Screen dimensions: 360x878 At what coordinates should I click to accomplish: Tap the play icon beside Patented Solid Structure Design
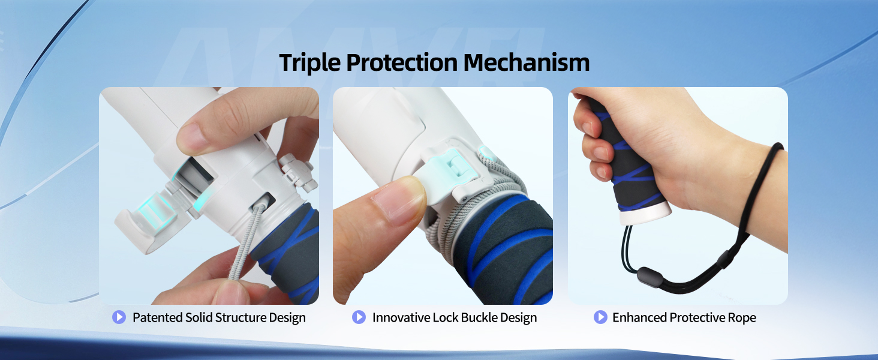[x=119, y=317]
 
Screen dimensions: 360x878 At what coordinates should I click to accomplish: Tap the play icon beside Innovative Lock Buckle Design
[x=359, y=317]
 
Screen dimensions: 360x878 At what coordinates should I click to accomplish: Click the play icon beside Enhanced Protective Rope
[x=600, y=317]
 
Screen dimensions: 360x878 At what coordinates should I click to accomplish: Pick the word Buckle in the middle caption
[x=476, y=317]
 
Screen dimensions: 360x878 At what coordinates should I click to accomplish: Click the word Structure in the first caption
[x=217, y=317]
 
